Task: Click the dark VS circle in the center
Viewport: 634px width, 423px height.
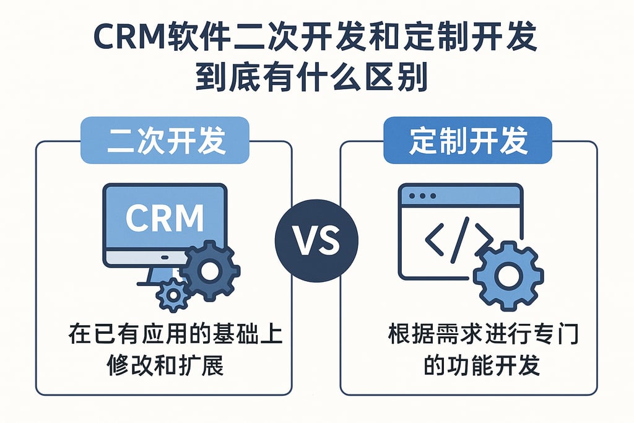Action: pyautogui.click(x=316, y=241)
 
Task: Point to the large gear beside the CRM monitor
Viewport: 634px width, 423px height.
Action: pyautogui.click(x=209, y=271)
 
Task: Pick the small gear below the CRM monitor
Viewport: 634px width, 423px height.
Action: pyautogui.click(x=173, y=295)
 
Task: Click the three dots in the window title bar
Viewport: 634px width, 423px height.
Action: pyautogui.click(x=423, y=196)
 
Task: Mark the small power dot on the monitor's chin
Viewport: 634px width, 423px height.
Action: pyautogui.click(x=165, y=256)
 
